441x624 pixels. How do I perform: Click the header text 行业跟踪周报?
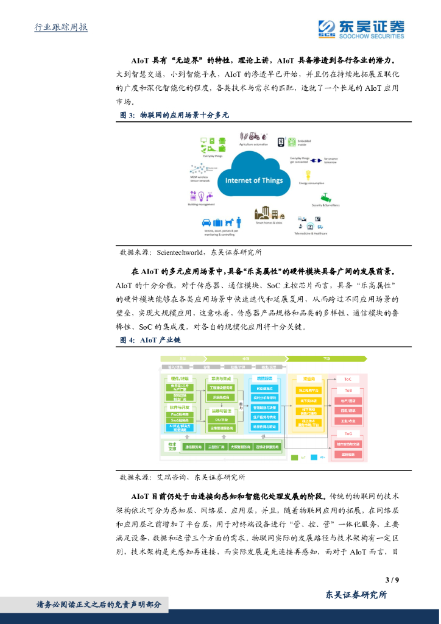pyautogui.click(x=61, y=27)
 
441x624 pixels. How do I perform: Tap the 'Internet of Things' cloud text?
pyautogui.click(x=254, y=180)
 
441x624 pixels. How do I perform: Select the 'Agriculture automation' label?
pyautogui.click(x=253, y=145)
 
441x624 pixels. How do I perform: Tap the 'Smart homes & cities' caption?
pyautogui.click(x=269, y=223)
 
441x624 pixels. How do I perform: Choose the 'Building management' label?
pyautogui.click(x=202, y=205)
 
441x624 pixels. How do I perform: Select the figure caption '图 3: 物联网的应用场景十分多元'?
pyautogui.click(x=174, y=115)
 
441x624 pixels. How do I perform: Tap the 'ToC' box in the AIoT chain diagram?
pyautogui.click(x=348, y=378)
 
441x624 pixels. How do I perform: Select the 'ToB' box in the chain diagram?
pyautogui.click(x=348, y=389)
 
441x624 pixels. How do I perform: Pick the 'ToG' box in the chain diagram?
pyautogui.click(x=348, y=433)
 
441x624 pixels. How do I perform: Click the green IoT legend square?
pyautogui.click(x=294, y=456)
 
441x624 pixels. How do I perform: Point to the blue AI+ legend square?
pyautogui.click(x=314, y=456)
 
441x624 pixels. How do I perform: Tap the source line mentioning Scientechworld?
pyautogui.click(x=191, y=252)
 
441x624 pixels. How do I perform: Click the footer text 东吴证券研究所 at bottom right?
pyautogui.click(x=356, y=595)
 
